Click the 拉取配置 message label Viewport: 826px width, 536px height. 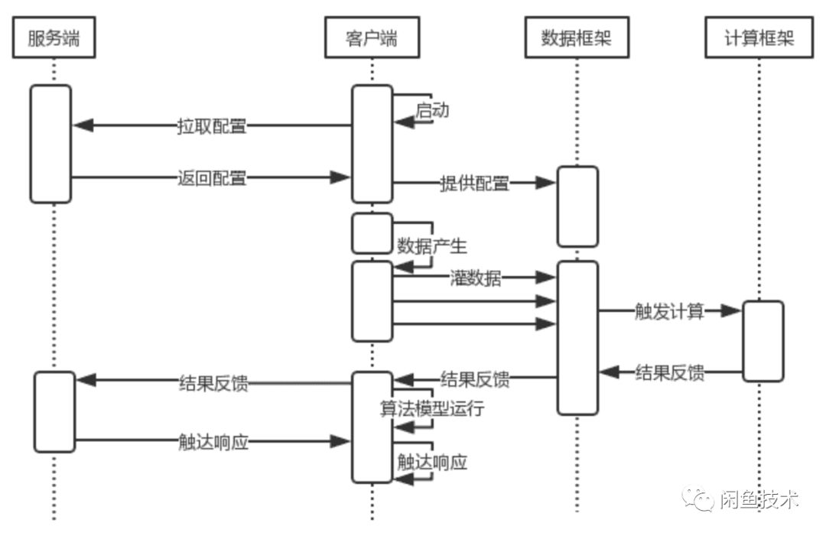tap(212, 126)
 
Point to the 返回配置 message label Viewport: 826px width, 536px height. tap(212, 178)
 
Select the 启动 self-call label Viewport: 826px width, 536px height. tap(432, 110)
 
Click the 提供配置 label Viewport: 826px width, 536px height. tap(474, 184)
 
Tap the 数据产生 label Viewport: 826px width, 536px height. tap(432, 246)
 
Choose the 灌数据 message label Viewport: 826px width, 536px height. tap(476, 278)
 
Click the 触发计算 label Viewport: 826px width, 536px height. tap(669, 311)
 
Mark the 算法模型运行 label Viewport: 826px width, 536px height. tap(432, 408)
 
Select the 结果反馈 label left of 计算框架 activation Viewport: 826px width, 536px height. tap(670, 373)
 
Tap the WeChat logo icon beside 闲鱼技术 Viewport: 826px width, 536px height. tap(699, 499)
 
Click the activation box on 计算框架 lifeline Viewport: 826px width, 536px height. tap(763, 341)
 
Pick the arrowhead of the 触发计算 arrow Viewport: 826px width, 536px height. tap(733, 310)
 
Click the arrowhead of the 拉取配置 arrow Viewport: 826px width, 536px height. tap(83, 125)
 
